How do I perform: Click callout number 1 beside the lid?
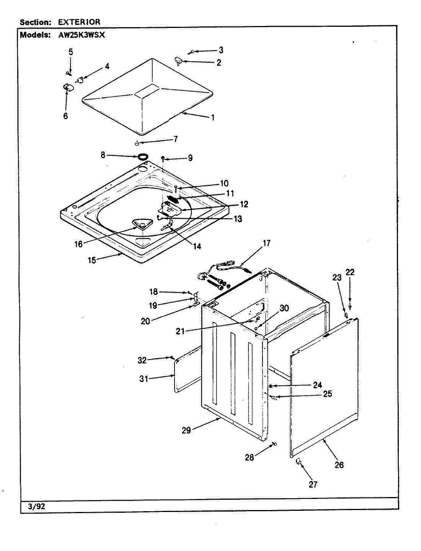[213, 117]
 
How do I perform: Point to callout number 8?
[103, 155]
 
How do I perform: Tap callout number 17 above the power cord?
[266, 243]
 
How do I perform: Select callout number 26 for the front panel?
[339, 465]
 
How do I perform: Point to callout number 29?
[186, 430]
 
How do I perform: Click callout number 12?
[244, 204]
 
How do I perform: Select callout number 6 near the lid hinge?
[65, 116]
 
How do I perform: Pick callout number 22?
[350, 272]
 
